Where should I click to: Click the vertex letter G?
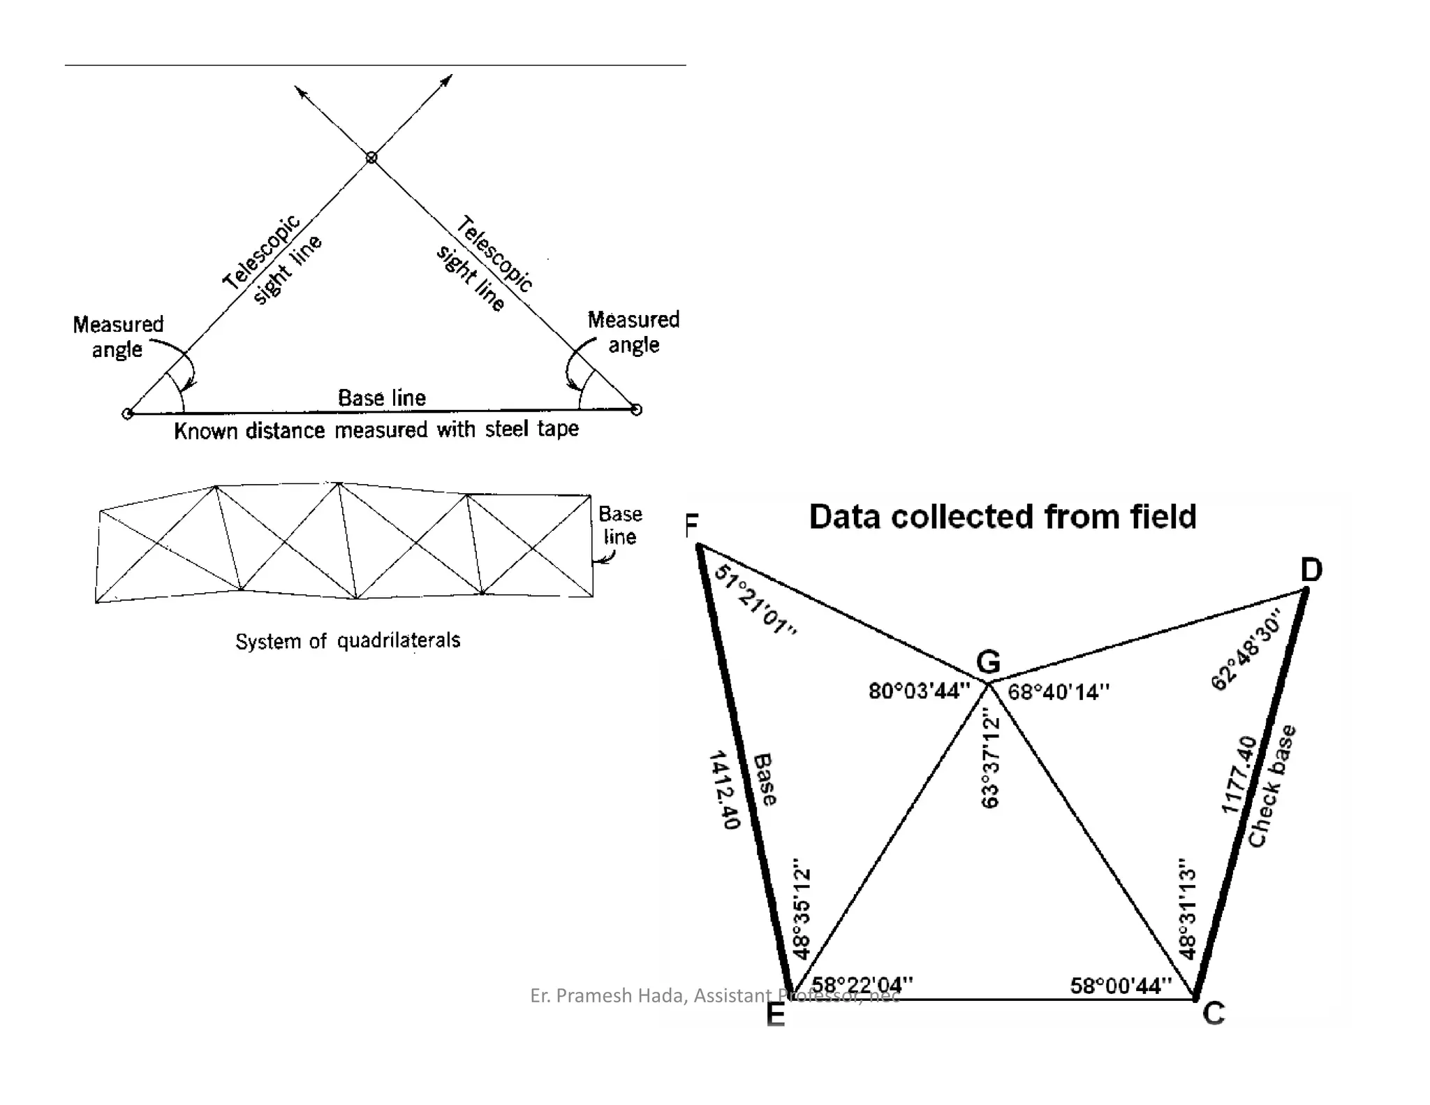click(988, 661)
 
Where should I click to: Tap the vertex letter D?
click(1311, 570)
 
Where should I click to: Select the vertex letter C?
click(1214, 1013)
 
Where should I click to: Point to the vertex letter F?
click(692, 525)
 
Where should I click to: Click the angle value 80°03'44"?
click(919, 691)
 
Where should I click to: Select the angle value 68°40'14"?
click(1058, 691)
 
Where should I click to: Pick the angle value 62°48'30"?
click(1247, 650)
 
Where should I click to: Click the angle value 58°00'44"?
click(1120, 986)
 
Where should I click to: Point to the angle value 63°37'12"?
click(990, 759)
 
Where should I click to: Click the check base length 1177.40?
click(1239, 775)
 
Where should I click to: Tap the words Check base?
click(1271, 786)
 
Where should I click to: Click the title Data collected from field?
click(1002, 517)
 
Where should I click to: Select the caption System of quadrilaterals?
click(348, 641)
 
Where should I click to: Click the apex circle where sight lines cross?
click(371, 158)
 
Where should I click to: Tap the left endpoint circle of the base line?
click(127, 414)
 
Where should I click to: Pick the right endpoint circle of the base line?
click(636, 410)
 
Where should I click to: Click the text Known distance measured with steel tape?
click(376, 430)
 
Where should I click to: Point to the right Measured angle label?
click(633, 332)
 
